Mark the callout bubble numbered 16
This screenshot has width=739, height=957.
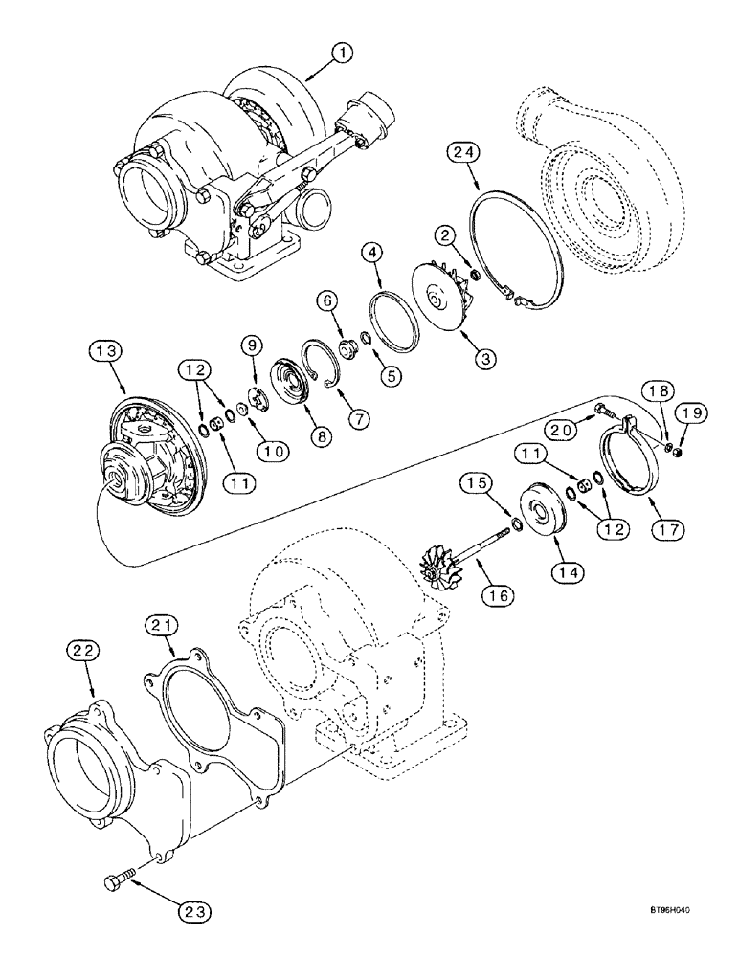(498, 595)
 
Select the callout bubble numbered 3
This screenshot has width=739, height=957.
(485, 359)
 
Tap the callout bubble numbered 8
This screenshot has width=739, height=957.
(320, 435)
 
